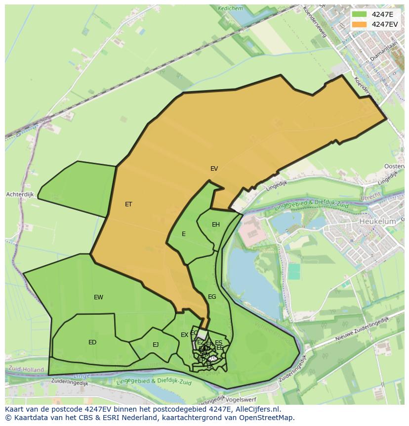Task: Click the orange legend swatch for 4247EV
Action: [x=360, y=24]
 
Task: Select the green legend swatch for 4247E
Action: [x=360, y=14]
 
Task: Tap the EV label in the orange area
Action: [x=214, y=169]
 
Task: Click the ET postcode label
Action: [x=128, y=204]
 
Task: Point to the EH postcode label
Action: [x=216, y=225]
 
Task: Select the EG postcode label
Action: [x=212, y=297]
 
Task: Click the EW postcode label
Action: [x=98, y=297]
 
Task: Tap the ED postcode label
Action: [x=92, y=342]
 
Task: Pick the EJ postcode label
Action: [x=156, y=345]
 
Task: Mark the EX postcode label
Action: [x=184, y=335]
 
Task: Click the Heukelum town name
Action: [x=378, y=222]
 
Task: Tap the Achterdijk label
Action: [x=20, y=194]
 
